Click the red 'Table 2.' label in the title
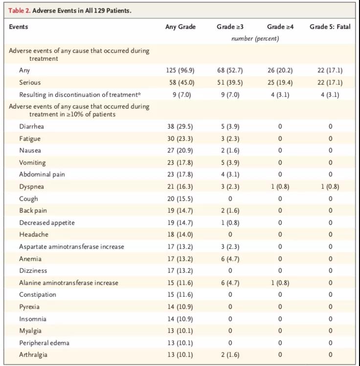[20, 10]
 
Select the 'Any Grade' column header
[180, 26]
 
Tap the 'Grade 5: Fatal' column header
[330, 26]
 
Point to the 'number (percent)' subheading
[255, 39]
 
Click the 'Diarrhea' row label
[31, 126]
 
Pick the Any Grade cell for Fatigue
[180, 139]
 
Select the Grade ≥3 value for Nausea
[230, 151]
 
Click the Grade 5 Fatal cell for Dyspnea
[330, 187]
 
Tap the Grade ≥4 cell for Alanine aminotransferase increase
[280, 282]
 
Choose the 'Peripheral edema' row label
[44, 343]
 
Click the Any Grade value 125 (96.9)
[180, 70]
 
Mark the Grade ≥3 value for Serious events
[230, 83]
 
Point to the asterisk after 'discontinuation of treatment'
[139, 94]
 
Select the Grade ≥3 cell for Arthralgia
[230, 355]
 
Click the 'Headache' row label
[34, 235]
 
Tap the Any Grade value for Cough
[180, 199]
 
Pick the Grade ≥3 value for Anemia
[230, 258]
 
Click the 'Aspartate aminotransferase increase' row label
[72, 247]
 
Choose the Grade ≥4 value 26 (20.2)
[280, 70]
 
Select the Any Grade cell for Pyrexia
[180, 307]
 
